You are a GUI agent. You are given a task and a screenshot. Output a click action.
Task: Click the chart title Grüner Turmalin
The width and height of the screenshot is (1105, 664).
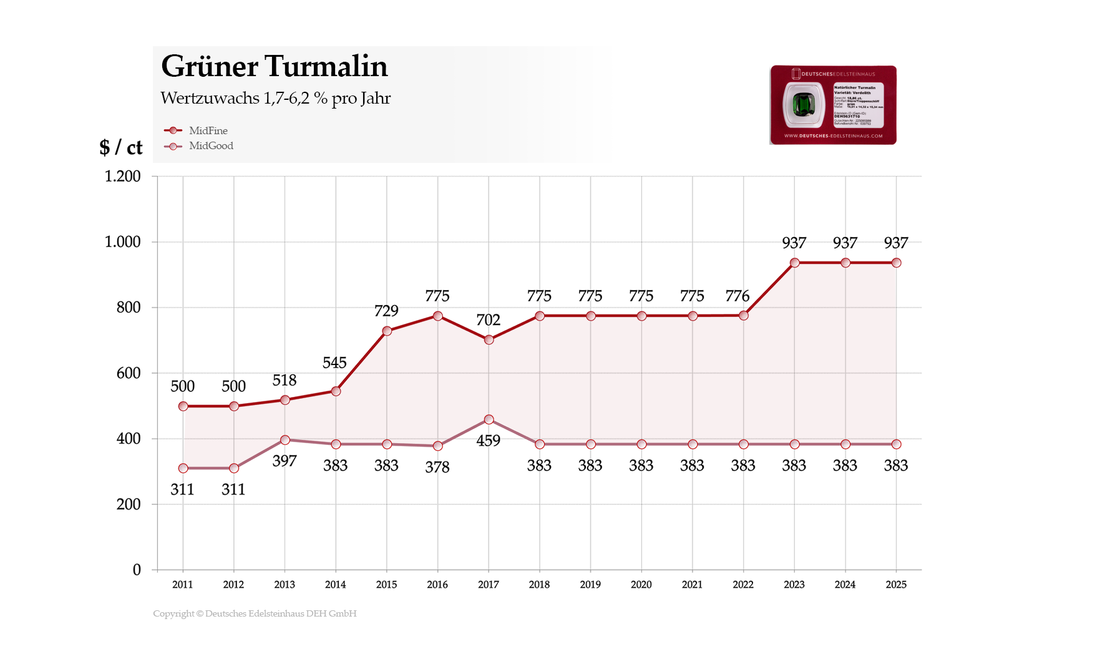click(x=274, y=67)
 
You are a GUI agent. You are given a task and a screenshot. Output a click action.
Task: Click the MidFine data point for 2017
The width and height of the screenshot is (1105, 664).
click(x=489, y=339)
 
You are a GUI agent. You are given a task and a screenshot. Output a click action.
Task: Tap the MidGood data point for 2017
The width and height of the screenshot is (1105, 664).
click(x=489, y=419)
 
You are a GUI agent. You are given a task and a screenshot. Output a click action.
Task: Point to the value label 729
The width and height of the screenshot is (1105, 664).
click(x=386, y=311)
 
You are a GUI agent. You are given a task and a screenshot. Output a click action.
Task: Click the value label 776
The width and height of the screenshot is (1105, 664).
click(x=737, y=296)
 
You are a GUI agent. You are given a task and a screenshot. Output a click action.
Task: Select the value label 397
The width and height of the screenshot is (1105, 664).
click(x=285, y=461)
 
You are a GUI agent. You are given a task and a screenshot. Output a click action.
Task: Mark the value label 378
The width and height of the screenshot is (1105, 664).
click(x=437, y=467)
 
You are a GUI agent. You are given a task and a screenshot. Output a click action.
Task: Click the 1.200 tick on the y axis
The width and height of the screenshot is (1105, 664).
click(x=123, y=176)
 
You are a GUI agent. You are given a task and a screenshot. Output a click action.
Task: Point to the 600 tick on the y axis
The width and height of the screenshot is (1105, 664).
click(x=129, y=373)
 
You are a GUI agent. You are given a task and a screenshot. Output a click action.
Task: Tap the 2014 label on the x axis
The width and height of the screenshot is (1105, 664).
click(x=335, y=584)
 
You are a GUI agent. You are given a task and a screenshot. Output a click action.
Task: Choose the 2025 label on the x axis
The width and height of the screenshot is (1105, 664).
click(x=895, y=584)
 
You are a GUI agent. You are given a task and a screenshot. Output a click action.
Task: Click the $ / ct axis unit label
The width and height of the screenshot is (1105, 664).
click(x=121, y=147)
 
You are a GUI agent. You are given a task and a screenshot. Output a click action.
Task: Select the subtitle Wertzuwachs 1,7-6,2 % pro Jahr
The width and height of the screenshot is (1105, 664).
click(x=275, y=98)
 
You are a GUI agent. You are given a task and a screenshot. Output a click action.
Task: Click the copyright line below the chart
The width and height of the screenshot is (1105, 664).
click(x=255, y=613)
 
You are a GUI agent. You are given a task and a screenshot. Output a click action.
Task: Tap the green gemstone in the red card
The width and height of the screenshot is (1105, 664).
click(x=804, y=105)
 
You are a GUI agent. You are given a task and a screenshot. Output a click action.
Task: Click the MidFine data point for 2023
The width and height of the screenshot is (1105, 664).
click(x=794, y=263)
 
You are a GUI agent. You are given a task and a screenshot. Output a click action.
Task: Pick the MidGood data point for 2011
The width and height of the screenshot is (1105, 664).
click(x=183, y=468)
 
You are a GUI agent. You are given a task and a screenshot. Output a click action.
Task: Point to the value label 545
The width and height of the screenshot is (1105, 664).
click(x=334, y=363)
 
